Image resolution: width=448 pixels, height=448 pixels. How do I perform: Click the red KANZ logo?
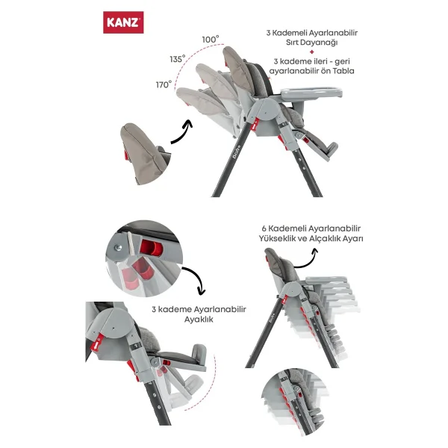pos(123,22)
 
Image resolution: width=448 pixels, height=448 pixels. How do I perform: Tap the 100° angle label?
pos(211,39)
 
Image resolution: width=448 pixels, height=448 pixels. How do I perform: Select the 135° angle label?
pos(178,59)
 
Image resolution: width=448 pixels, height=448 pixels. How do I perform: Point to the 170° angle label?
pos(164,84)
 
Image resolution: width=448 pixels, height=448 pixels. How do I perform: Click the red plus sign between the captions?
pos(311,52)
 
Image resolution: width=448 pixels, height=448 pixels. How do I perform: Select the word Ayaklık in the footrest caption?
pos(199,319)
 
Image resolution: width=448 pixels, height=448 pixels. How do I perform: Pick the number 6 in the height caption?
pos(264,228)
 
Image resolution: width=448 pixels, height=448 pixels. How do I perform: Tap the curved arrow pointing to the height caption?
pos(307,258)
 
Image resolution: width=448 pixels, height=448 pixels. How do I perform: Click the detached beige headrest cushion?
pos(145,154)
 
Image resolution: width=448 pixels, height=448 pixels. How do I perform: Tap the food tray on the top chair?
pos(311,93)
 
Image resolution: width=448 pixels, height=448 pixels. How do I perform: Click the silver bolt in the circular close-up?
pos(118,248)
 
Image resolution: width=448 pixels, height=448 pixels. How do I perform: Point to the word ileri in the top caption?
pos(320,61)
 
